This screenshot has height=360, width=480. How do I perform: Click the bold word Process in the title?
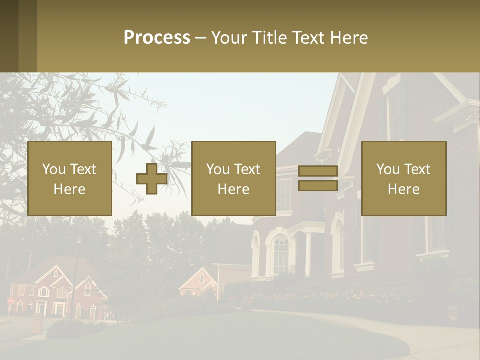point(157,38)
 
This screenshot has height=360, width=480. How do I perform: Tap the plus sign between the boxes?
point(152,178)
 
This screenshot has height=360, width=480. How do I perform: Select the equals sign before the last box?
point(318,178)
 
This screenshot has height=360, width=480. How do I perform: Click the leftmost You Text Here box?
point(70,178)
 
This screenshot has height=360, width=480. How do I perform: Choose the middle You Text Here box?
point(234,178)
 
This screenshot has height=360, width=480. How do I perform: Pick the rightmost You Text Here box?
point(404,178)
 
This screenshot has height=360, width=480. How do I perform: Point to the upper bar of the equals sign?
point(318,171)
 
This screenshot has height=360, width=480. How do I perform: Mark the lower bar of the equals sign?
point(318,186)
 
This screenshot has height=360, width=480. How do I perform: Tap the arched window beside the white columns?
point(281,255)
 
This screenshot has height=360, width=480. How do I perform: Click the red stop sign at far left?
point(10,301)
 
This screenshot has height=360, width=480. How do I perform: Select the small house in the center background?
point(199,282)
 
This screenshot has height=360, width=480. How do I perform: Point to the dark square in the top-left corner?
point(9,36)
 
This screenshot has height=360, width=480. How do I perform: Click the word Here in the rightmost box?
point(404,189)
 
